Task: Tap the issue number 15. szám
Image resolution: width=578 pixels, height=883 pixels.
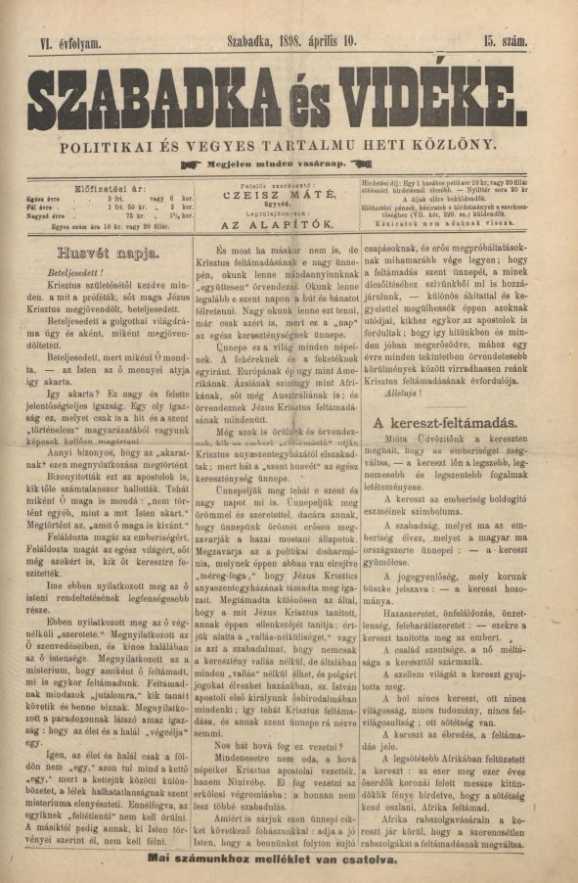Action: tap(504, 41)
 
